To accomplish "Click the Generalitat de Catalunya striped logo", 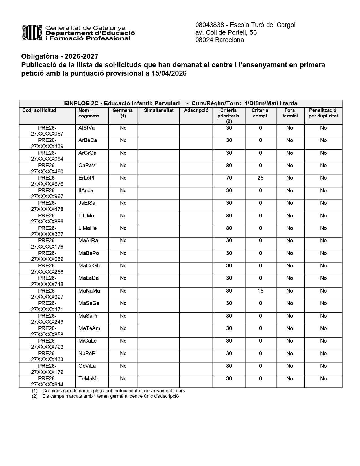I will click(x=33, y=32).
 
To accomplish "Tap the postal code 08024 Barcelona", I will click(x=219, y=40).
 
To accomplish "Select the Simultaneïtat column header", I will click(x=159, y=110).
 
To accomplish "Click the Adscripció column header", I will click(x=196, y=110).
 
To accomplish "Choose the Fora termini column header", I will click(x=290, y=113).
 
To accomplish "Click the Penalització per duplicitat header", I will click(x=323, y=113).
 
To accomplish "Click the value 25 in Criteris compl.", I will click(x=260, y=178).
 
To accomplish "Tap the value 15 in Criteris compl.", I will click(x=260, y=291).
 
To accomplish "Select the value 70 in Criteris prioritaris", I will click(x=229, y=178).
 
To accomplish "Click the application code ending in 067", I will click(x=47, y=131).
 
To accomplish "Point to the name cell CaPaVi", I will click(x=87, y=166).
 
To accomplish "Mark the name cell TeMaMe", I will click(x=89, y=379).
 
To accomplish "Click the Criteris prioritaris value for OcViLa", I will click(x=229, y=366).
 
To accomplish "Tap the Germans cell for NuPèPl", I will click(x=123, y=354).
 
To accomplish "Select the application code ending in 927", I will click(x=47, y=294).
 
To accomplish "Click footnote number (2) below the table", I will click(x=35, y=396).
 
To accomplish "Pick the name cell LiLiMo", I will click(x=86, y=216).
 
